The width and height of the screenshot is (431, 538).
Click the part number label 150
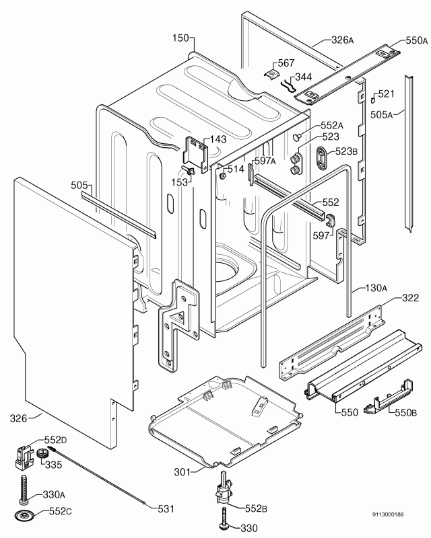[x=180, y=38]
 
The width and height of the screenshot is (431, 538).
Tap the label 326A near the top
[x=342, y=40]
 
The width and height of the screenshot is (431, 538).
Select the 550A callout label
[x=417, y=40]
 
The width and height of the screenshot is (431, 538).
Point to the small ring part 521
[x=372, y=100]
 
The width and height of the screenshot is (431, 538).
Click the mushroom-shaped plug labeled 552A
[x=296, y=137]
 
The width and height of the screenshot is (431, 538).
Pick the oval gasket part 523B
[x=323, y=157]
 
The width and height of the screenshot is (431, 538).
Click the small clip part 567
[x=272, y=74]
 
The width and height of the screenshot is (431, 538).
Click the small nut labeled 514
[x=222, y=176]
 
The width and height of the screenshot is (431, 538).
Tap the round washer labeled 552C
[x=24, y=514]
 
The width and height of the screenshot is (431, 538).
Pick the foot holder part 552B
[x=223, y=487]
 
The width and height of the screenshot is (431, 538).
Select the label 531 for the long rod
[x=166, y=509]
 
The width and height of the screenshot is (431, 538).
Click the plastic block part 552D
[x=24, y=456]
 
